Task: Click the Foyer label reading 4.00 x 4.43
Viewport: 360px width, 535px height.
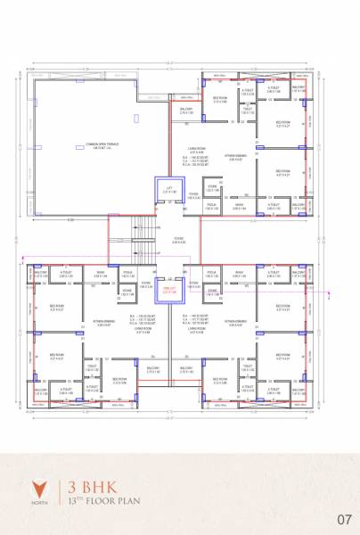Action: (179, 241)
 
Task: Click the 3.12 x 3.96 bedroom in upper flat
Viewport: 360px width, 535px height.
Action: (220, 100)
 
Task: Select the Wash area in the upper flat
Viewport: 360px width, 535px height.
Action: (239, 205)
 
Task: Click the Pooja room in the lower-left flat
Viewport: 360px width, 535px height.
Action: (127, 273)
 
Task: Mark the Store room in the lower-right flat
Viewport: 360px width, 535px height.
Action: (212, 291)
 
